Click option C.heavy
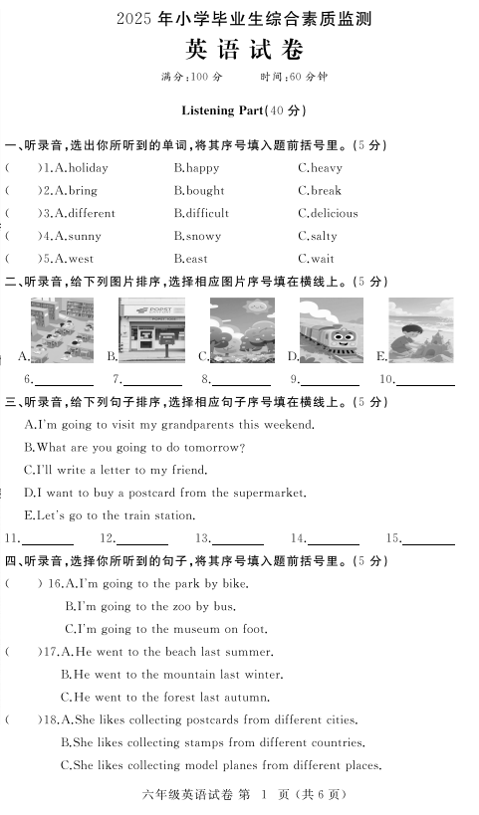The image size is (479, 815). pos(320,168)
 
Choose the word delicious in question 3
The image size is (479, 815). pos(334,214)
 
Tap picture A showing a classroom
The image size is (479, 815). pos(62,330)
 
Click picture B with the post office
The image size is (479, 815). pos(151,330)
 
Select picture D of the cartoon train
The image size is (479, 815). pos(332,330)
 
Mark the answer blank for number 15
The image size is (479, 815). pos(428,541)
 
